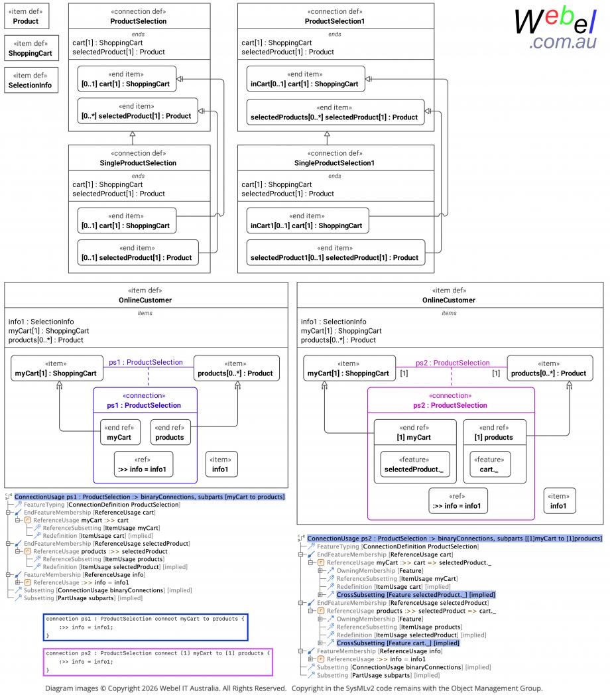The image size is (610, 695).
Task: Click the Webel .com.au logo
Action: (556, 29)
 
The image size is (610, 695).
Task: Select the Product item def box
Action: (27, 17)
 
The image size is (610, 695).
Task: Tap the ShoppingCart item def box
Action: (31, 48)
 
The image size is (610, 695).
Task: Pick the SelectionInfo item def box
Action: (31, 80)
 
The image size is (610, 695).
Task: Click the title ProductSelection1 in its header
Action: (335, 21)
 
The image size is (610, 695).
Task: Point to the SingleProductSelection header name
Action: (139, 163)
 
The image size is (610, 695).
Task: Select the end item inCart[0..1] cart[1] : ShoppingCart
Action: (306, 79)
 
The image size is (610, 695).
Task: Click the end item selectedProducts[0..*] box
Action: (335, 112)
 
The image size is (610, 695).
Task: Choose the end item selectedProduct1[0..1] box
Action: (335, 253)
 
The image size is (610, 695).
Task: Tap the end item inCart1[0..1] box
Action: (308, 221)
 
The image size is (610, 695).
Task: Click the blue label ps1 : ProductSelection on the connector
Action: (146, 362)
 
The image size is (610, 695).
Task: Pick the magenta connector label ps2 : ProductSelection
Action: (453, 363)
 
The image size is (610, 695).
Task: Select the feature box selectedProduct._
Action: (415, 464)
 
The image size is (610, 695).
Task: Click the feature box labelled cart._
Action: (490, 464)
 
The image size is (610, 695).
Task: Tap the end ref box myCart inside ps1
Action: (120, 432)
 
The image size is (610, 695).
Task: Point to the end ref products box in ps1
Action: (170, 432)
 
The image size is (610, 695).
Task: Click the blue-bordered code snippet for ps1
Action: (145, 627)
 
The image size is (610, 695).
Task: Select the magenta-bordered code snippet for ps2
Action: (158, 662)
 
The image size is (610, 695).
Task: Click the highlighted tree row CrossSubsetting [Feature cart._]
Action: (398, 643)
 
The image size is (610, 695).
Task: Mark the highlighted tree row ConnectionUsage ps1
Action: (149, 497)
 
